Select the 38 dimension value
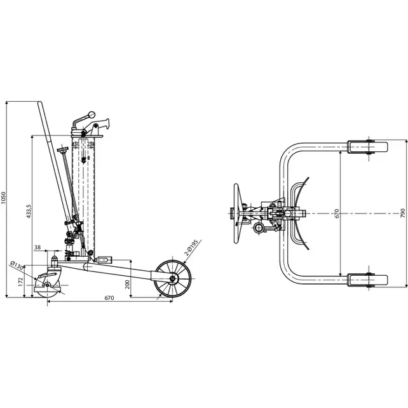tap(38, 247)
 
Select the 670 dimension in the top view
tap(337, 214)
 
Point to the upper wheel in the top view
tap(367, 147)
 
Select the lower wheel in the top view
tap(367, 280)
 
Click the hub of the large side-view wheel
tap(172, 279)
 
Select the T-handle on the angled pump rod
tap(62, 151)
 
